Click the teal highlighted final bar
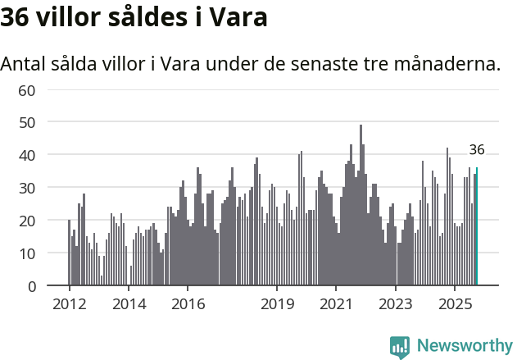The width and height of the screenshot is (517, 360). (x=477, y=227)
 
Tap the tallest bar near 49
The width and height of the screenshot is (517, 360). (x=361, y=205)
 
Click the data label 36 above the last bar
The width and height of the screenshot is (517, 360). (x=477, y=150)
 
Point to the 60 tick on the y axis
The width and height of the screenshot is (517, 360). (x=27, y=89)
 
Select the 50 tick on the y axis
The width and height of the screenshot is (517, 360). (x=27, y=122)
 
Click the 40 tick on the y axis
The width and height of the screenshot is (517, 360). (x=27, y=155)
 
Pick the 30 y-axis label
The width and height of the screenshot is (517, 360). (x=27, y=188)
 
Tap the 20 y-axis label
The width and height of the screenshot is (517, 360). (x=27, y=221)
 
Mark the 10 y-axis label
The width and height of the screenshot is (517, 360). (x=27, y=253)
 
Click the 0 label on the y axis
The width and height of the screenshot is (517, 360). (x=31, y=286)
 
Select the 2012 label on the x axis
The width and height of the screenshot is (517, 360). (x=69, y=304)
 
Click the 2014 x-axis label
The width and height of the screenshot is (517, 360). (x=129, y=304)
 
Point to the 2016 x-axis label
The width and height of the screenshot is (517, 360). (x=188, y=304)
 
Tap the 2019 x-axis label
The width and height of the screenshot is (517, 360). (x=277, y=304)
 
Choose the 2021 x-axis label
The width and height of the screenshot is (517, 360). (x=336, y=304)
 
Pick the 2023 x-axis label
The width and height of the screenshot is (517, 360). (x=396, y=304)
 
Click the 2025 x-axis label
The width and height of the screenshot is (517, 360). (x=455, y=304)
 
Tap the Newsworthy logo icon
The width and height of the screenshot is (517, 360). (x=400, y=347)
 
